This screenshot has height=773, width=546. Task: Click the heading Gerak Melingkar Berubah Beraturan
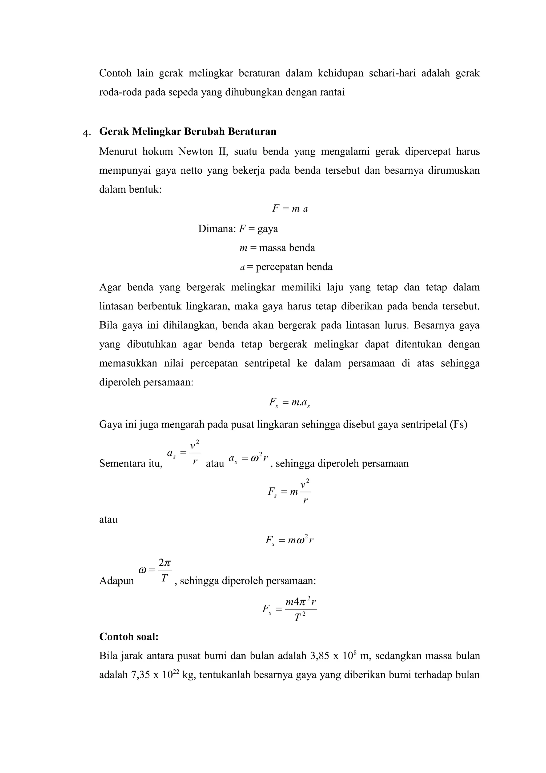click(x=188, y=131)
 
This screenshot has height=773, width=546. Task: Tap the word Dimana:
click(x=217, y=229)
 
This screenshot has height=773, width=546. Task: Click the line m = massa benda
click(x=277, y=248)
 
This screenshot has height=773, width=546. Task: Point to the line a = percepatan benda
click(x=286, y=267)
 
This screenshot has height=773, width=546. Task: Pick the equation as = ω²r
click(x=248, y=459)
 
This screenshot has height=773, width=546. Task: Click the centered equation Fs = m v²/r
click(x=289, y=492)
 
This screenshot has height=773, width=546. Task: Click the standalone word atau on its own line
click(x=108, y=520)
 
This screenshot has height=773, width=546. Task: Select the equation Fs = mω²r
click(x=289, y=541)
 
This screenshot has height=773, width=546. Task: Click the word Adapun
click(x=117, y=581)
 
